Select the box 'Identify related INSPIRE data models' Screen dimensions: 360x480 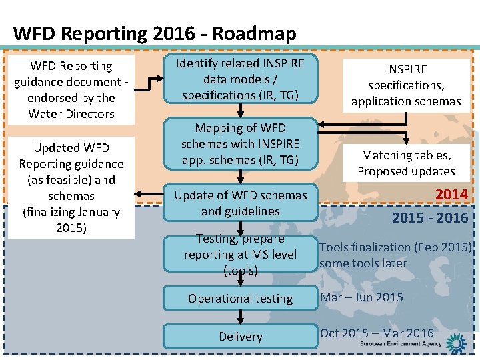pyautogui.click(x=240, y=79)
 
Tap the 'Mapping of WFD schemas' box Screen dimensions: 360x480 pyautogui.click(x=240, y=143)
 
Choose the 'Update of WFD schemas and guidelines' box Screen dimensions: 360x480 pyautogui.click(x=240, y=203)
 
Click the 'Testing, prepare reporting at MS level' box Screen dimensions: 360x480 pyautogui.click(x=240, y=254)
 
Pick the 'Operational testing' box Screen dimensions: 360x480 pyautogui.click(x=240, y=299)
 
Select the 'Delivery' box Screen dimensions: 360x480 pyautogui.click(x=240, y=337)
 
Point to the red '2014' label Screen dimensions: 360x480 pyautogui.click(x=451, y=194)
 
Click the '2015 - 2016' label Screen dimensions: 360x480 pyautogui.click(x=430, y=217)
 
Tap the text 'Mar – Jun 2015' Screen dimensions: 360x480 pyautogui.click(x=362, y=297)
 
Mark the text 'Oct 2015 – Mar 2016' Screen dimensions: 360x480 pyautogui.click(x=377, y=333)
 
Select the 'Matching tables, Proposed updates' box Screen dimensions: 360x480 pyautogui.click(x=406, y=163)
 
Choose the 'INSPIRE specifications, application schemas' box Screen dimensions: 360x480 pyautogui.click(x=406, y=85)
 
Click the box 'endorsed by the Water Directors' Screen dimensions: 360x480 pyautogui.click(x=72, y=90)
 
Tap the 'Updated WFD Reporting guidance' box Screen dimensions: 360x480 pyautogui.click(x=71, y=187)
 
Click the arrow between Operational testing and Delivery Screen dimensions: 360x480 pyautogui.click(x=240, y=317)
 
